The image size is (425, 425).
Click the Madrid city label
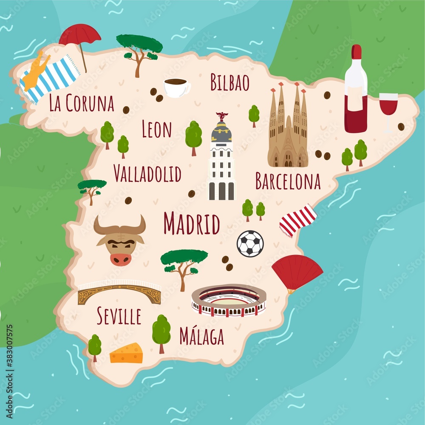[x=192, y=224]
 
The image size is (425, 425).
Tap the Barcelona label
[x=288, y=181]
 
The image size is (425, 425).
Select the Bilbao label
[x=230, y=82]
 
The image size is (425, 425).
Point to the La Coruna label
[x=82, y=103]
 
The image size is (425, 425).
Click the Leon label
[x=156, y=130]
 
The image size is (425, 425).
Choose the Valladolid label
[x=147, y=173]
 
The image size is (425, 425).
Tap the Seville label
[x=119, y=316]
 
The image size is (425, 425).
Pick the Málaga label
[x=201, y=337]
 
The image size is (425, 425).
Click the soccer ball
[x=250, y=244]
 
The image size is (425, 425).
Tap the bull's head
[x=120, y=240]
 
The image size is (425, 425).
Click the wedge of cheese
[x=126, y=354]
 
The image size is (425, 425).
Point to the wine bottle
[x=356, y=91]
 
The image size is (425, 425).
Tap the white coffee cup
[x=176, y=88]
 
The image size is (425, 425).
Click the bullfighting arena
[x=229, y=300]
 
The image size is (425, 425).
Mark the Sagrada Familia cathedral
[x=288, y=127]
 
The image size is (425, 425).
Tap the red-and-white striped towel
[x=298, y=220]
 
